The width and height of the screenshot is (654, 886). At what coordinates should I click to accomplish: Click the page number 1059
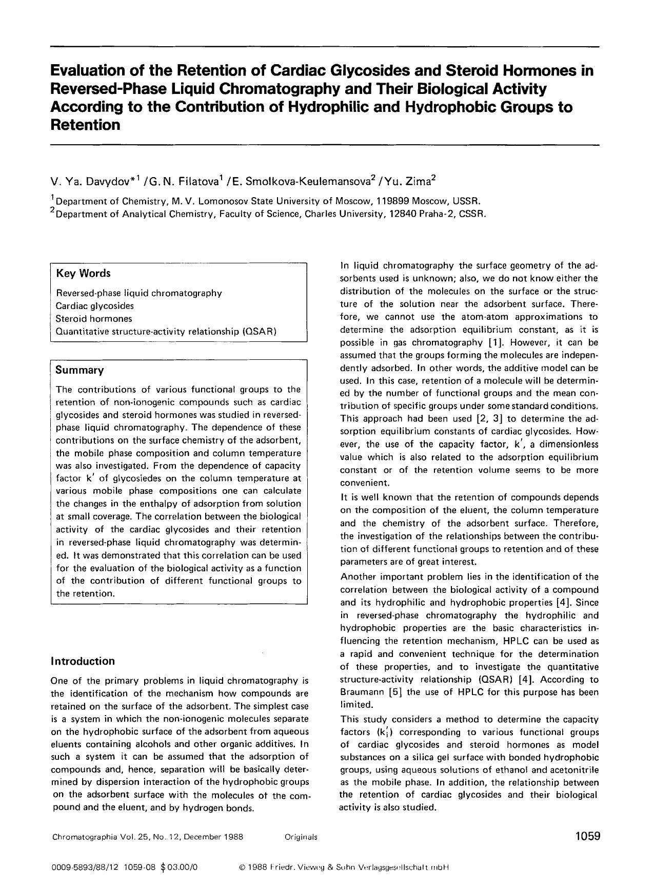(x=587, y=836)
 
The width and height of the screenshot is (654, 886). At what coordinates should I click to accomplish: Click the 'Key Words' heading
(x=83, y=274)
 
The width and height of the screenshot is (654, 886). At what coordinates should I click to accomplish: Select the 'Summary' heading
(x=80, y=370)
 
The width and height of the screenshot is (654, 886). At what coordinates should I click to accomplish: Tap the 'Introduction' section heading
(x=83, y=661)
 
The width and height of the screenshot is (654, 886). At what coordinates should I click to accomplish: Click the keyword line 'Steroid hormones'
(x=94, y=319)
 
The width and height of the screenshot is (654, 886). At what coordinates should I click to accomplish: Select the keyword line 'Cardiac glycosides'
(x=95, y=306)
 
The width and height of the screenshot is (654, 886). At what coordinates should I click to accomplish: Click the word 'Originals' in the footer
(x=301, y=837)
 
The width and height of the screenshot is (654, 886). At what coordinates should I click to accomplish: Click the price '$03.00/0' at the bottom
(x=179, y=867)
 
